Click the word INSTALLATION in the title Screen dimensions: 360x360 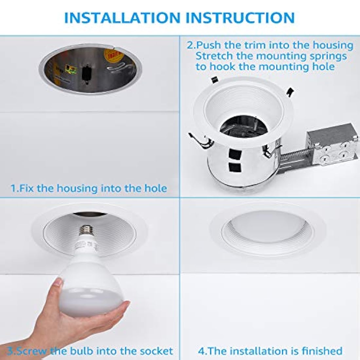[x=122, y=18]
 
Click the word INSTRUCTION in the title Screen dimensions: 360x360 [x=240, y=18]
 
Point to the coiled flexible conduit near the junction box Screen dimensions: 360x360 [x=294, y=156]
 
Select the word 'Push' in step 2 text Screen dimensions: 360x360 [x=208, y=45]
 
